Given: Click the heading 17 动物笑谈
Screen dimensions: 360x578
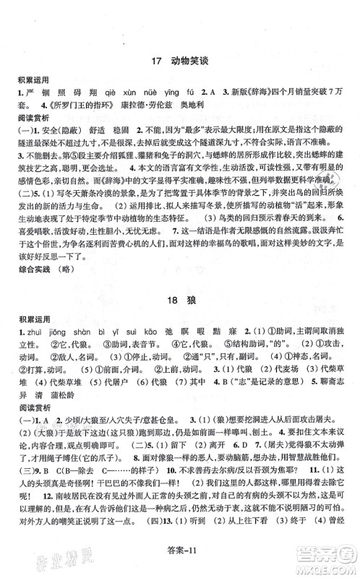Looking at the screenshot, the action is [x=180, y=62].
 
